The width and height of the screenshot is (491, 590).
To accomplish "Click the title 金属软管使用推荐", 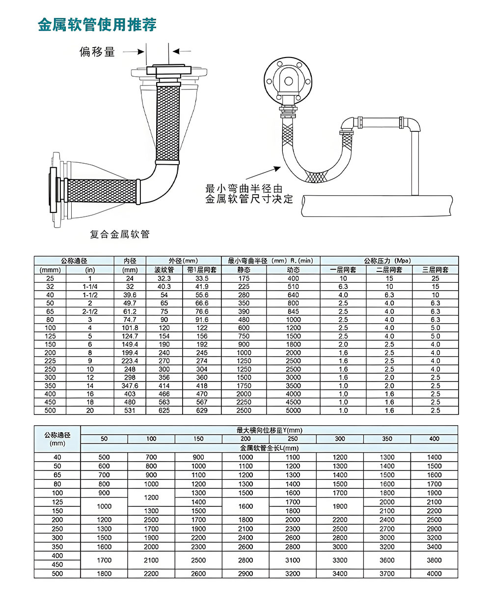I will tap(97, 25).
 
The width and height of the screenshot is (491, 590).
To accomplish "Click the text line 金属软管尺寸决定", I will tap(248, 199).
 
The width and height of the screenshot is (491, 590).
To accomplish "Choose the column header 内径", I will tap(130, 261).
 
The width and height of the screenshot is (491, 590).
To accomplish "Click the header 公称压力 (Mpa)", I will tap(389, 261).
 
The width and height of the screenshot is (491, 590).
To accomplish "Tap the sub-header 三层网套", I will tap(435, 270).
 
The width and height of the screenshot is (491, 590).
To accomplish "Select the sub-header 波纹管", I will tap(164, 270).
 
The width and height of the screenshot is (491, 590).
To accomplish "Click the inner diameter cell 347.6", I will tap(130, 386).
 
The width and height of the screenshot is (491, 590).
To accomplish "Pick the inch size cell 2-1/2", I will tap(90, 311).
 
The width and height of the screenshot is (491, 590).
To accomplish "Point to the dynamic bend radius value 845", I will tap(293, 311).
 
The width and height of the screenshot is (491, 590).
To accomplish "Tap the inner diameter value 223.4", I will tap(130, 361).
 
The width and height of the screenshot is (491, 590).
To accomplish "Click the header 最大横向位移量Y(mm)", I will tap(269, 430).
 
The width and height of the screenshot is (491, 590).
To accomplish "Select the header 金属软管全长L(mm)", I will tap(269, 448).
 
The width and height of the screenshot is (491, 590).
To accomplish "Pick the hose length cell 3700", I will tap(387, 573).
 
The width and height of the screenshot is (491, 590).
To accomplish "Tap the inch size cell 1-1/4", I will tap(90, 286).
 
